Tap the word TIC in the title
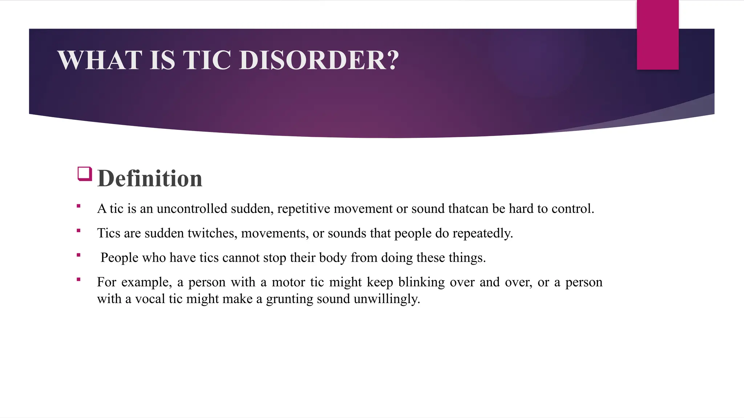click(x=206, y=60)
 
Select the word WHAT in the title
click(x=100, y=60)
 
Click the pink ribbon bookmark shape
click(x=658, y=35)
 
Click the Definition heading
click(x=150, y=179)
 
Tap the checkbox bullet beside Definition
click(x=85, y=174)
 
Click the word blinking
click(x=421, y=282)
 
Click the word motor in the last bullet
click(x=288, y=282)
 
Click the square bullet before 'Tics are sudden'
click(x=78, y=230)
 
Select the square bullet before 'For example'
click(x=78, y=279)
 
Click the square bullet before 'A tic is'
click(x=78, y=206)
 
